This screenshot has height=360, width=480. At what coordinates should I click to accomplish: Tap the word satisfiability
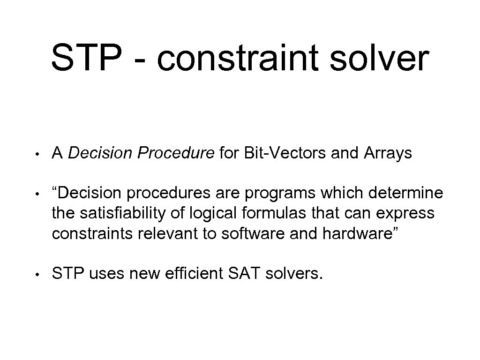(124, 213)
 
